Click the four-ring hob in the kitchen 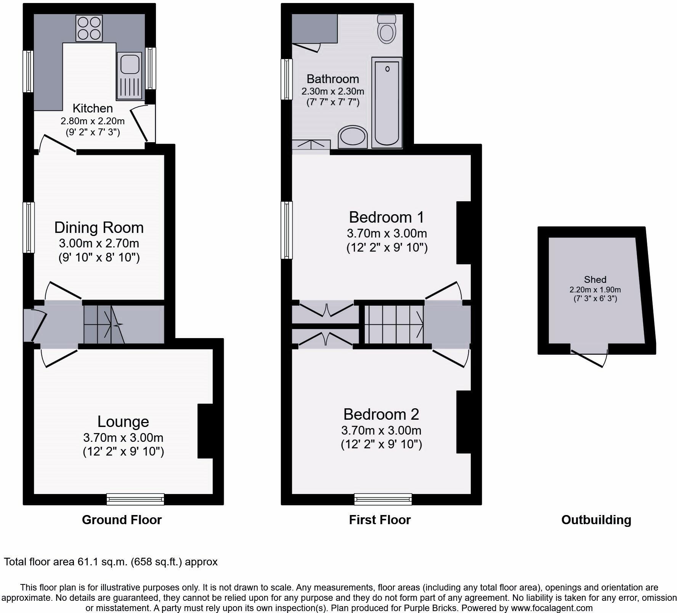[89, 28]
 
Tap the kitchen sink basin [130, 64]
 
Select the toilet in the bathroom [387, 29]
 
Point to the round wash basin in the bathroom [353, 137]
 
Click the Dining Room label [99, 228]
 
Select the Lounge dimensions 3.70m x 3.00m [123, 437]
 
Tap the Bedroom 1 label [386, 217]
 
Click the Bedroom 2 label [381, 414]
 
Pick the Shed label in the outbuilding [595, 279]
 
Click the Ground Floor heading [122, 520]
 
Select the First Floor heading [380, 520]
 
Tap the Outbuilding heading [596, 520]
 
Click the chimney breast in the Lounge [205, 431]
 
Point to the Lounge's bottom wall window [135, 499]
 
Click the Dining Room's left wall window [29, 228]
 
